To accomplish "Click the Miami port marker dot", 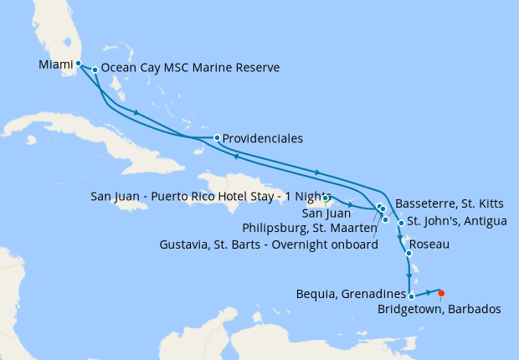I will pos(78,63).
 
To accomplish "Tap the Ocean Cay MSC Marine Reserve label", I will pos(190,69).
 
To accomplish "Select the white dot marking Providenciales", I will pos(217,137).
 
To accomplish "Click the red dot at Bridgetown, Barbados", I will pos(441,293).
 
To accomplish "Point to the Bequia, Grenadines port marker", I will pos(411,296).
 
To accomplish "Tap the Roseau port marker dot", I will pos(409,253).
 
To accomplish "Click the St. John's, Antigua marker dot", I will pos(401,224).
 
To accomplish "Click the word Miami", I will pos(55,64).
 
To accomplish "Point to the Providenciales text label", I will pos(263,138).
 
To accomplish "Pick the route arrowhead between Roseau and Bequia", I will pos(409,276).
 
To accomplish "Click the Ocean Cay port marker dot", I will pos(95,69).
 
